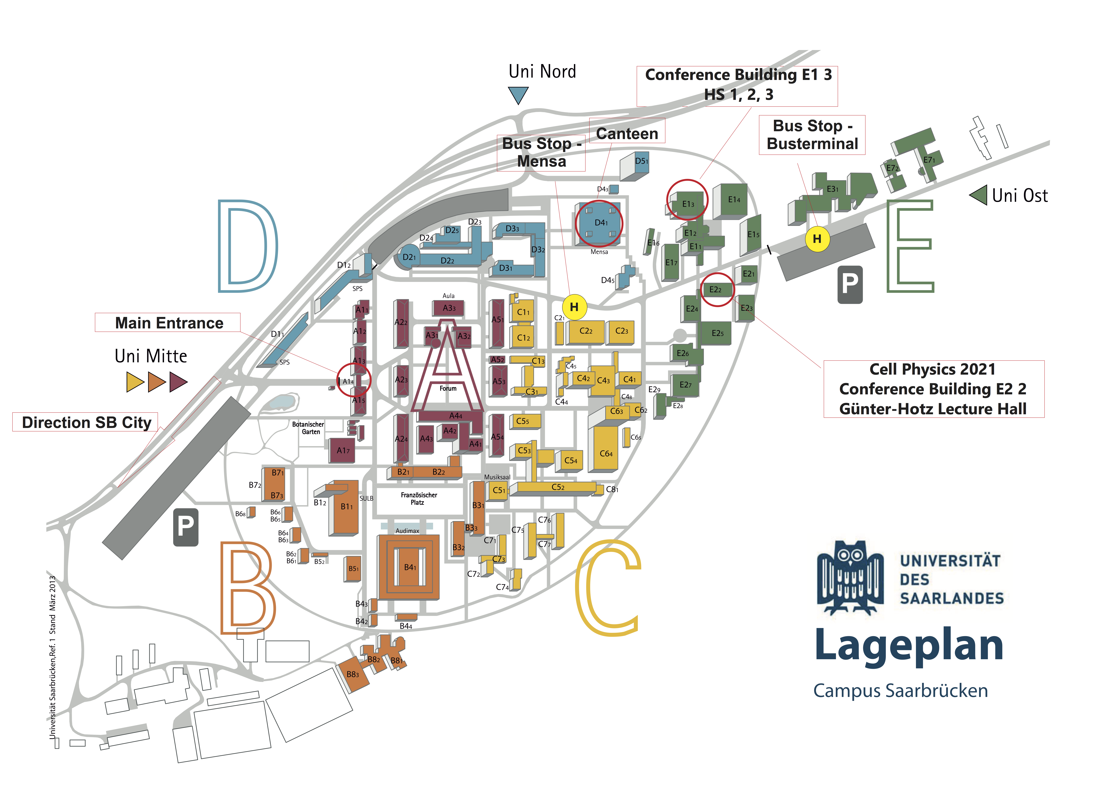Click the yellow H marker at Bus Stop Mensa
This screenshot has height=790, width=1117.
(574, 307)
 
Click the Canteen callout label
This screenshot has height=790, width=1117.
(627, 133)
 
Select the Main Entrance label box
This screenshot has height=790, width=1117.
(167, 323)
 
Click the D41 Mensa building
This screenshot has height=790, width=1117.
(599, 223)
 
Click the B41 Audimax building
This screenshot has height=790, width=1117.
(409, 567)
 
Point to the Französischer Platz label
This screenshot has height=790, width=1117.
(419, 498)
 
